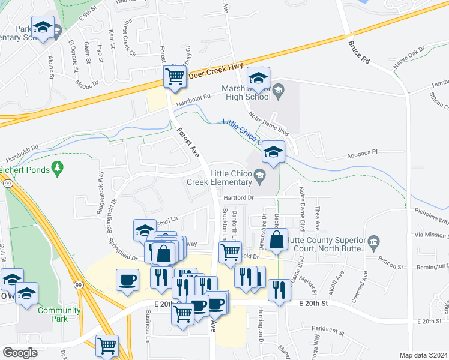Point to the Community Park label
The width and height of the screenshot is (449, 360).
point(59,314)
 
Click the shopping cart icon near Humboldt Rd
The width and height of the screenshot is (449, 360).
point(175,77)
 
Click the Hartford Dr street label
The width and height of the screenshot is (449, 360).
point(240,197)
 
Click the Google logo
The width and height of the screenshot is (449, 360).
point(20,353)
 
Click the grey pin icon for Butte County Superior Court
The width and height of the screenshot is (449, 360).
point(373,244)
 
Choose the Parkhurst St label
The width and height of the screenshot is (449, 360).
point(330,329)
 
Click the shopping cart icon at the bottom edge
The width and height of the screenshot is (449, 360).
point(107,345)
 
